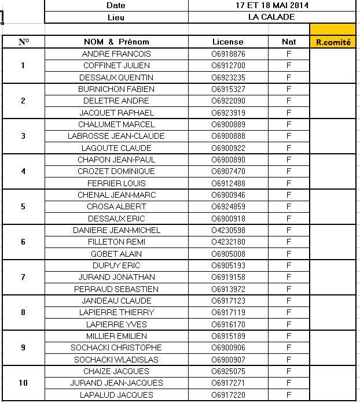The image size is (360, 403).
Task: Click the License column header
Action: (x=228, y=42)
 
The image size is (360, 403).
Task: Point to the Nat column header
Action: (x=288, y=42)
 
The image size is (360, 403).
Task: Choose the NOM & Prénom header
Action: (x=116, y=42)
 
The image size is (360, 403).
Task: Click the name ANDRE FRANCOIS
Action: (x=116, y=54)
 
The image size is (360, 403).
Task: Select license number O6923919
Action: (x=228, y=113)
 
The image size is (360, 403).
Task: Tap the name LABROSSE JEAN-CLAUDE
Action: (x=116, y=136)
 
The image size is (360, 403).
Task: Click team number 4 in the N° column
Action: (x=23, y=171)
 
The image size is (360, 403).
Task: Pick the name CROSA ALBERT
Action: (x=116, y=206)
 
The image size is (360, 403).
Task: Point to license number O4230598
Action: (x=228, y=230)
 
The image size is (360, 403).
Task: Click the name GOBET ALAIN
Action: (x=116, y=254)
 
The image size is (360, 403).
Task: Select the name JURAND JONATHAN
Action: (x=116, y=277)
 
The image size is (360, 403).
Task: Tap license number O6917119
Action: (x=228, y=312)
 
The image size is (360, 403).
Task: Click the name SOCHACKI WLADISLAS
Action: (x=116, y=360)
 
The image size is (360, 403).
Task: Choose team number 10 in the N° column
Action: (x=23, y=383)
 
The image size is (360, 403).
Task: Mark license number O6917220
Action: (x=228, y=395)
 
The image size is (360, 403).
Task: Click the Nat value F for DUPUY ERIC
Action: (x=288, y=265)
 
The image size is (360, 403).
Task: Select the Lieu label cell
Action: (x=116, y=17)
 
